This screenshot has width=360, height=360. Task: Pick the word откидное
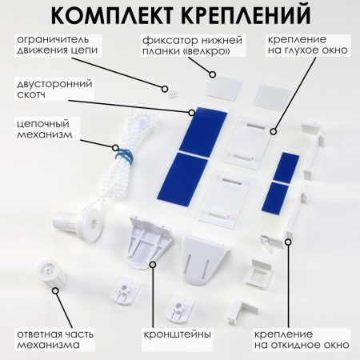pyautogui.click(x=303, y=346)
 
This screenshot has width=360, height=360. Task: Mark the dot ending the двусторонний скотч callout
pyautogui.click(x=192, y=113)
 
